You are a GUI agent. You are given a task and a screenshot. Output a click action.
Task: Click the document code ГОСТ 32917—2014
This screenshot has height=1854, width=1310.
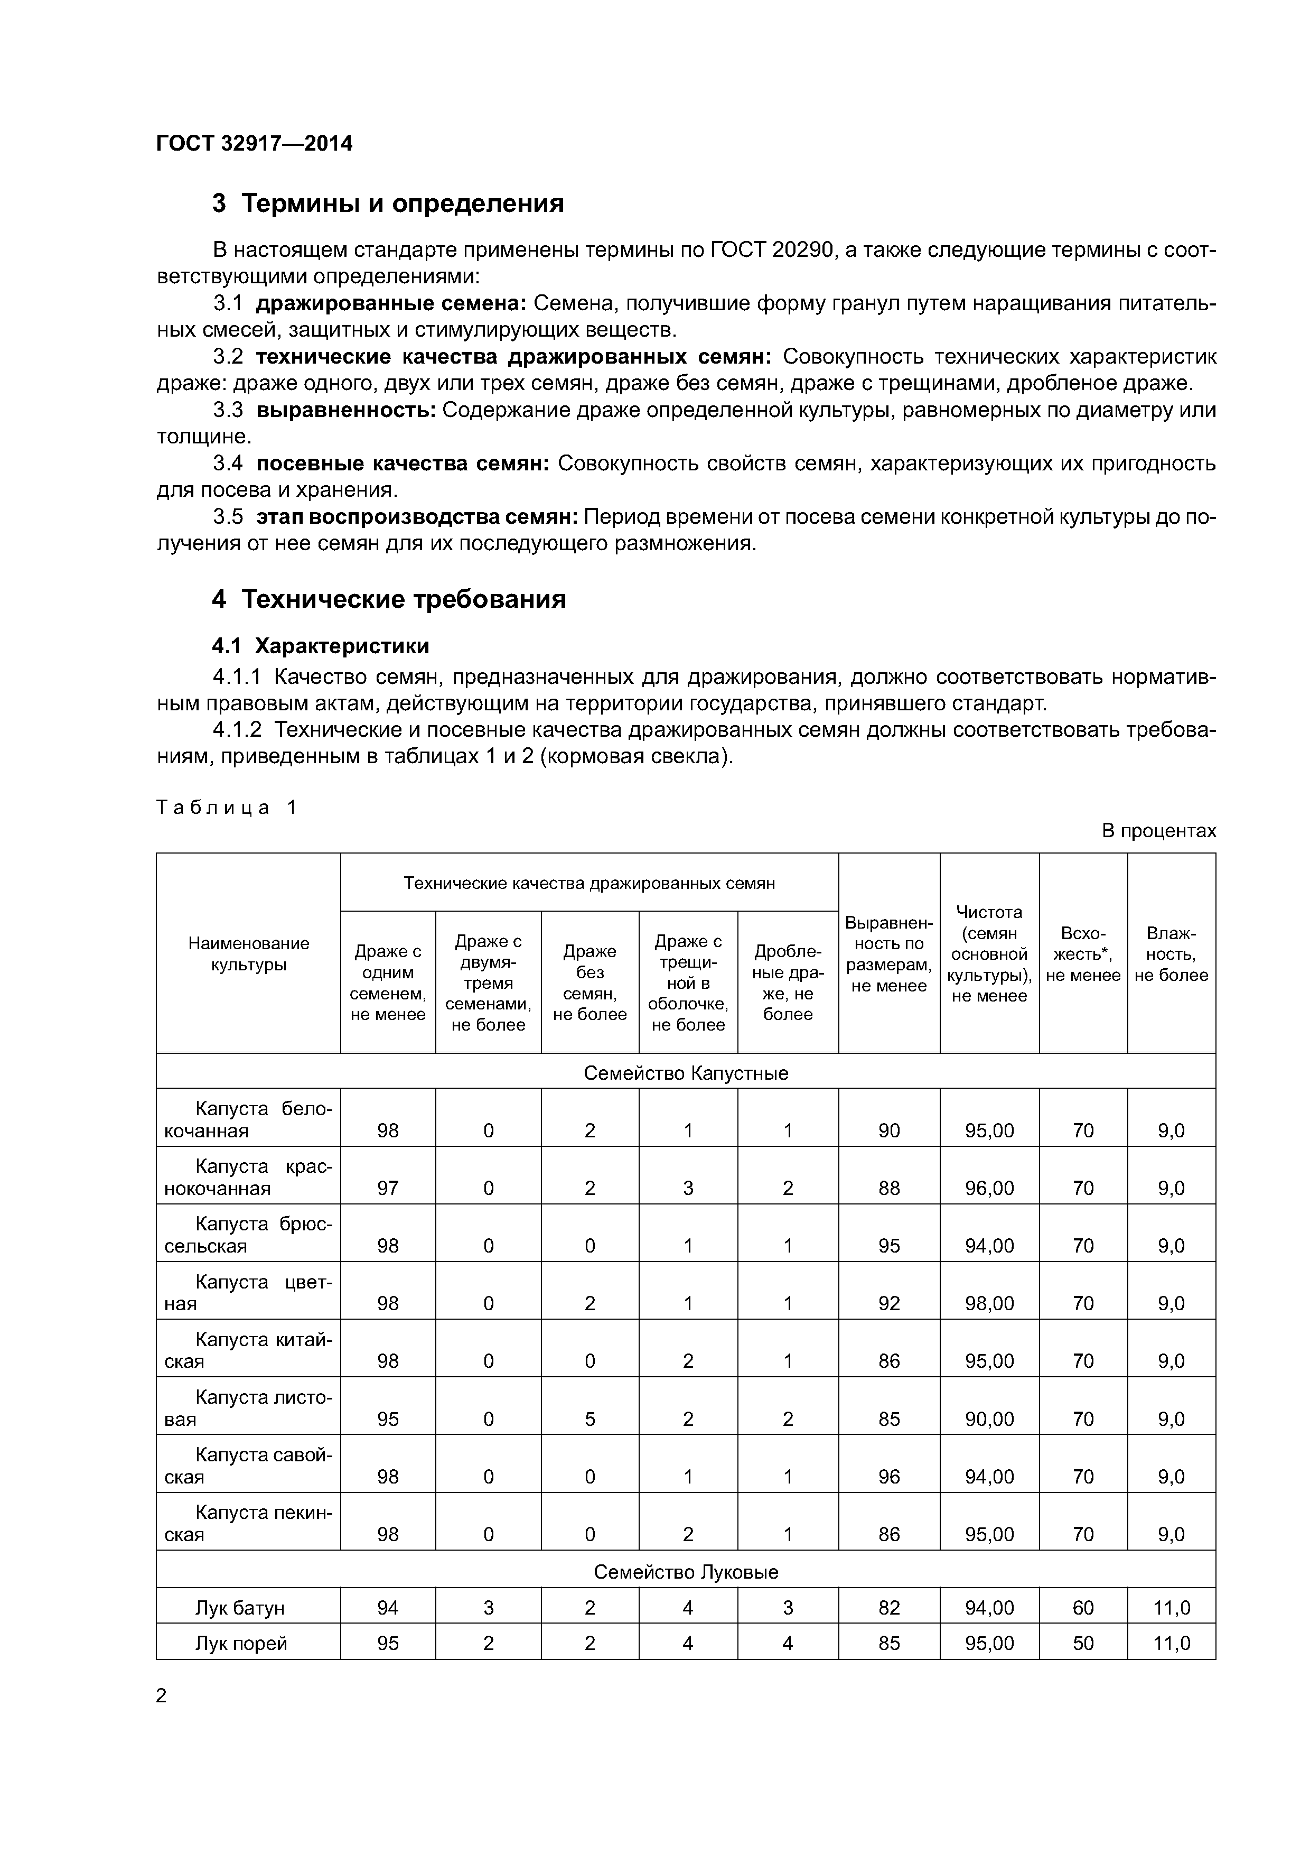point(254,144)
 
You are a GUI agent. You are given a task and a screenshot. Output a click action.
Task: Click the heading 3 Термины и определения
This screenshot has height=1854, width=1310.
point(387,202)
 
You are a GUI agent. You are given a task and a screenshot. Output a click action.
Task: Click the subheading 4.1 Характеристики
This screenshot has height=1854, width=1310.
point(321,646)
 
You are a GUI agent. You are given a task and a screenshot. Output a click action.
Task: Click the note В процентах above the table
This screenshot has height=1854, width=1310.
point(1158,831)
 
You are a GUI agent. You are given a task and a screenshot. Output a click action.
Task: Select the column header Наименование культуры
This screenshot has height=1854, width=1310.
point(249,953)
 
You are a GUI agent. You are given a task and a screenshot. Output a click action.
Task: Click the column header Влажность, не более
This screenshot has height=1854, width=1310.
point(1171,953)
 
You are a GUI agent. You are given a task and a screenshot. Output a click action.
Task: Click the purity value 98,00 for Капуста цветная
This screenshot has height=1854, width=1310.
point(989,1303)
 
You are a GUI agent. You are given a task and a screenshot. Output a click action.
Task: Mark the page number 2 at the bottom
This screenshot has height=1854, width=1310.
point(162,1697)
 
